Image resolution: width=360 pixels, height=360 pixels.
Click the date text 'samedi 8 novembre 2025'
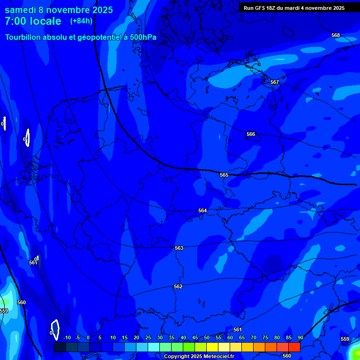[x=59, y=10]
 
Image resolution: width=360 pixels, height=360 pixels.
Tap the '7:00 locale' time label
[x=33, y=21]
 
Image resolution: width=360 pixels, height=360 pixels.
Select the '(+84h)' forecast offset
[x=81, y=21]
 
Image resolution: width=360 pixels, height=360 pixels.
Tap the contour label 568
[x=335, y=35]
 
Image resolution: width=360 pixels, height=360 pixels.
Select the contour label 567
[x=275, y=82]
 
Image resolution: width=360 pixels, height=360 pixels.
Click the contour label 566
[x=251, y=134]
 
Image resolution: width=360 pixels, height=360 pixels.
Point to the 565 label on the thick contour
[x=224, y=175]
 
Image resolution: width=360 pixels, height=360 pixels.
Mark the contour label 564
[x=202, y=210]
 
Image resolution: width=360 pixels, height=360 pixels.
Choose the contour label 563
[x=179, y=248]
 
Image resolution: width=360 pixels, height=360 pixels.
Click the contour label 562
[x=178, y=286]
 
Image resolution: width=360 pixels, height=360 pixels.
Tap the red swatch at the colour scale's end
[x=294, y=347]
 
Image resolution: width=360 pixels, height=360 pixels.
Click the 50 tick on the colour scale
[x=207, y=338]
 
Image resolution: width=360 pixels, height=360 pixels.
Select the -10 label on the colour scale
[x=67, y=338]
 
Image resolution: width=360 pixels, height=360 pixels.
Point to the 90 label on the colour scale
[x=300, y=338]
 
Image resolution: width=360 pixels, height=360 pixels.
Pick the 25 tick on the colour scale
[x=148, y=338]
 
